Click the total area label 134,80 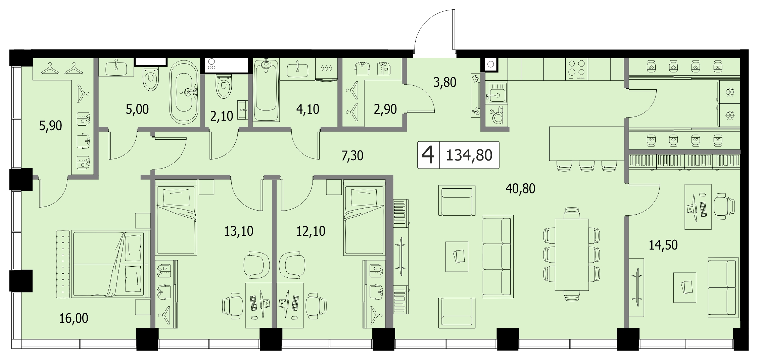[x=469, y=155]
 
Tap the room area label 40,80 [x=520, y=189]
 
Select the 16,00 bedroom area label [x=74, y=318]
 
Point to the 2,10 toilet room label [x=222, y=116]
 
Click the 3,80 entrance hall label [x=445, y=82]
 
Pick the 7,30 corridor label [x=352, y=156]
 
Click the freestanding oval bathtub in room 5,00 [x=184, y=92]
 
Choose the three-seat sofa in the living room [x=498, y=257]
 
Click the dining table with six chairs [x=572, y=254]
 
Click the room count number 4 [x=428, y=155]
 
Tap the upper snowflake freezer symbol [x=729, y=92]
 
